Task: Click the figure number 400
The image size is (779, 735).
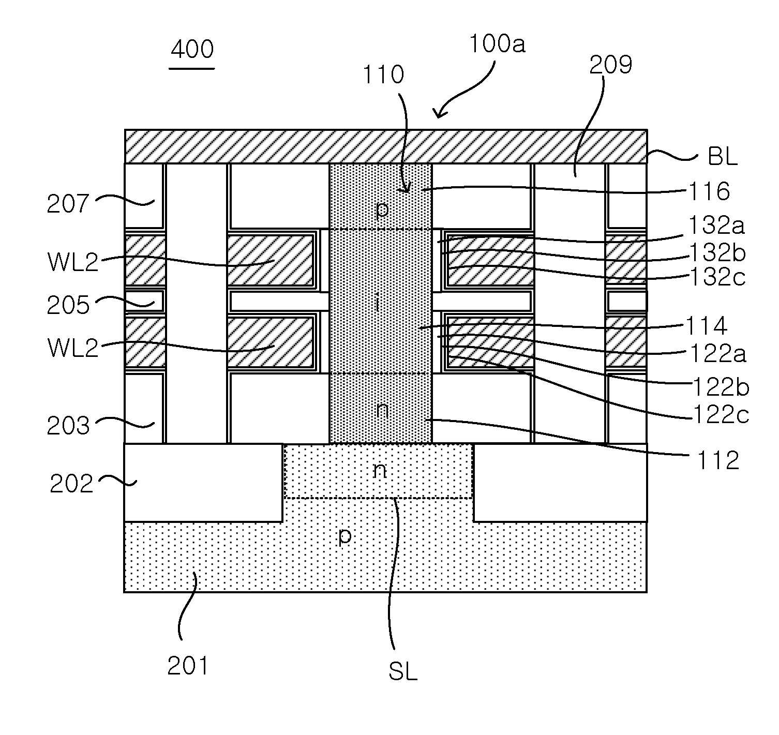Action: pyautogui.click(x=192, y=49)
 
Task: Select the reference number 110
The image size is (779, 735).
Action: pyautogui.click(x=383, y=74)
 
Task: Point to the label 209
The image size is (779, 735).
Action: pyautogui.click(x=611, y=65)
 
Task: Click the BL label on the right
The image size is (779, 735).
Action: pyautogui.click(x=722, y=156)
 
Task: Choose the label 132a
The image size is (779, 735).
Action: pyautogui.click(x=716, y=225)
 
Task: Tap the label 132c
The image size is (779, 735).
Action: pyautogui.click(x=717, y=277)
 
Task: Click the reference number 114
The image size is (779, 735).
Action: pyautogui.click(x=706, y=326)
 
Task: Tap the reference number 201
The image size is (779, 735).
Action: pyautogui.click(x=187, y=666)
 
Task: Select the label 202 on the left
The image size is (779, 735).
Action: pyautogui.click(x=71, y=484)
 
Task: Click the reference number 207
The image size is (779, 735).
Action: pyautogui.click(x=68, y=204)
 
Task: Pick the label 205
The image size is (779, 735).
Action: pyautogui.click(x=68, y=305)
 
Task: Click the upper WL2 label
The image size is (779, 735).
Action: pyautogui.click(x=72, y=261)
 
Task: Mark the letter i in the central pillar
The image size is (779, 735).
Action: pyautogui.click(x=377, y=303)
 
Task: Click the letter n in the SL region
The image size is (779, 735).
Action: pyautogui.click(x=379, y=470)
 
